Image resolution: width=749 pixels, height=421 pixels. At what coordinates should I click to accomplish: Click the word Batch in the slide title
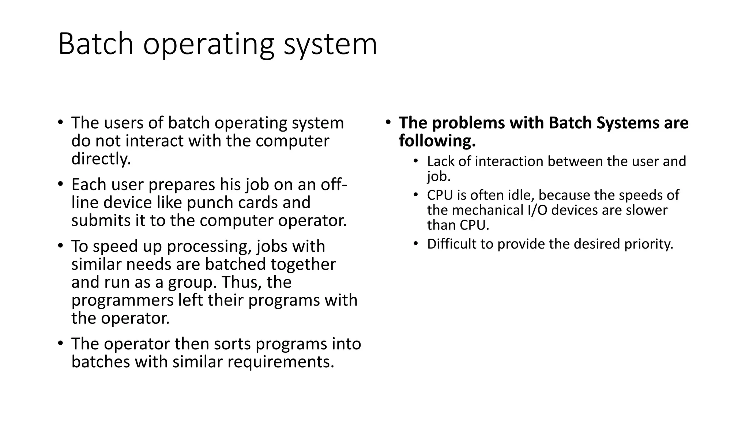95,44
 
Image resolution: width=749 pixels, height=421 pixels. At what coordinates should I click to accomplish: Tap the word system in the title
330,44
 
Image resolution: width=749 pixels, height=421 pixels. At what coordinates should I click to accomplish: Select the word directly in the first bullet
101,159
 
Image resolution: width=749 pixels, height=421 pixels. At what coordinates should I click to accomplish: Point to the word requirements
281,362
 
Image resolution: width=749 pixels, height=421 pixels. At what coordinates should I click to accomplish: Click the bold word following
437,141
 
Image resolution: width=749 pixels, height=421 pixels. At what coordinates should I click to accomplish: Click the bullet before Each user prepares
61,184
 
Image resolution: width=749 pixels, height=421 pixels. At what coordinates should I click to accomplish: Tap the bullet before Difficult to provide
415,244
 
